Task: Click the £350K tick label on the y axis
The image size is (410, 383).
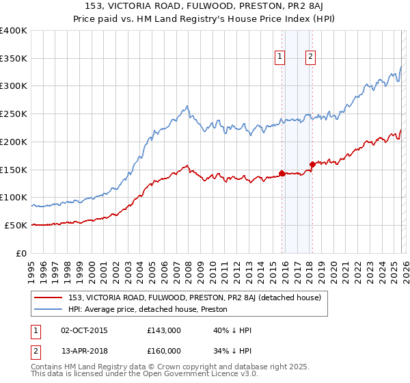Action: (14, 58)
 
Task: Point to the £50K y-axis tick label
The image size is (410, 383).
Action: (16, 225)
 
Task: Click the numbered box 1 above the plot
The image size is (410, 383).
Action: (280, 57)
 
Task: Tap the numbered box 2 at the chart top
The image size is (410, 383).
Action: (310, 57)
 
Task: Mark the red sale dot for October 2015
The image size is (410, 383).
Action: (282, 173)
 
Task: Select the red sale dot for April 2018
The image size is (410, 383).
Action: (312, 164)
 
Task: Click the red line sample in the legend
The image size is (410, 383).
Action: (49, 298)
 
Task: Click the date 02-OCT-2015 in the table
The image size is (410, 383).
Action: (85, 330)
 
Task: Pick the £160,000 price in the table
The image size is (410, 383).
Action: (163, 352)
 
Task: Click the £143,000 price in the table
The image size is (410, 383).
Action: (163, 330)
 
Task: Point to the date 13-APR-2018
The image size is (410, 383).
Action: (85, 352)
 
